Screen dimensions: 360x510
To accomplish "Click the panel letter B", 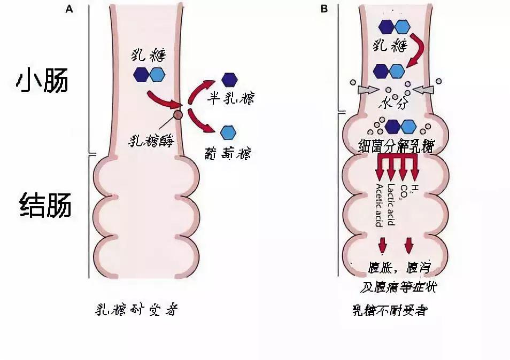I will tap(323, 9).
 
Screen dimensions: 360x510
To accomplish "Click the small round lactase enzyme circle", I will tap(178, 114).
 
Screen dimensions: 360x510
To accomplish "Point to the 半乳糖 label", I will tap(231, 99).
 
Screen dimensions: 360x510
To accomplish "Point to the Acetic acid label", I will tap(379, 205).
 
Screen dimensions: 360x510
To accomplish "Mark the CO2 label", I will tap(402, 190).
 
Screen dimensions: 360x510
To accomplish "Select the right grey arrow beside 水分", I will tap(422, 87).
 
